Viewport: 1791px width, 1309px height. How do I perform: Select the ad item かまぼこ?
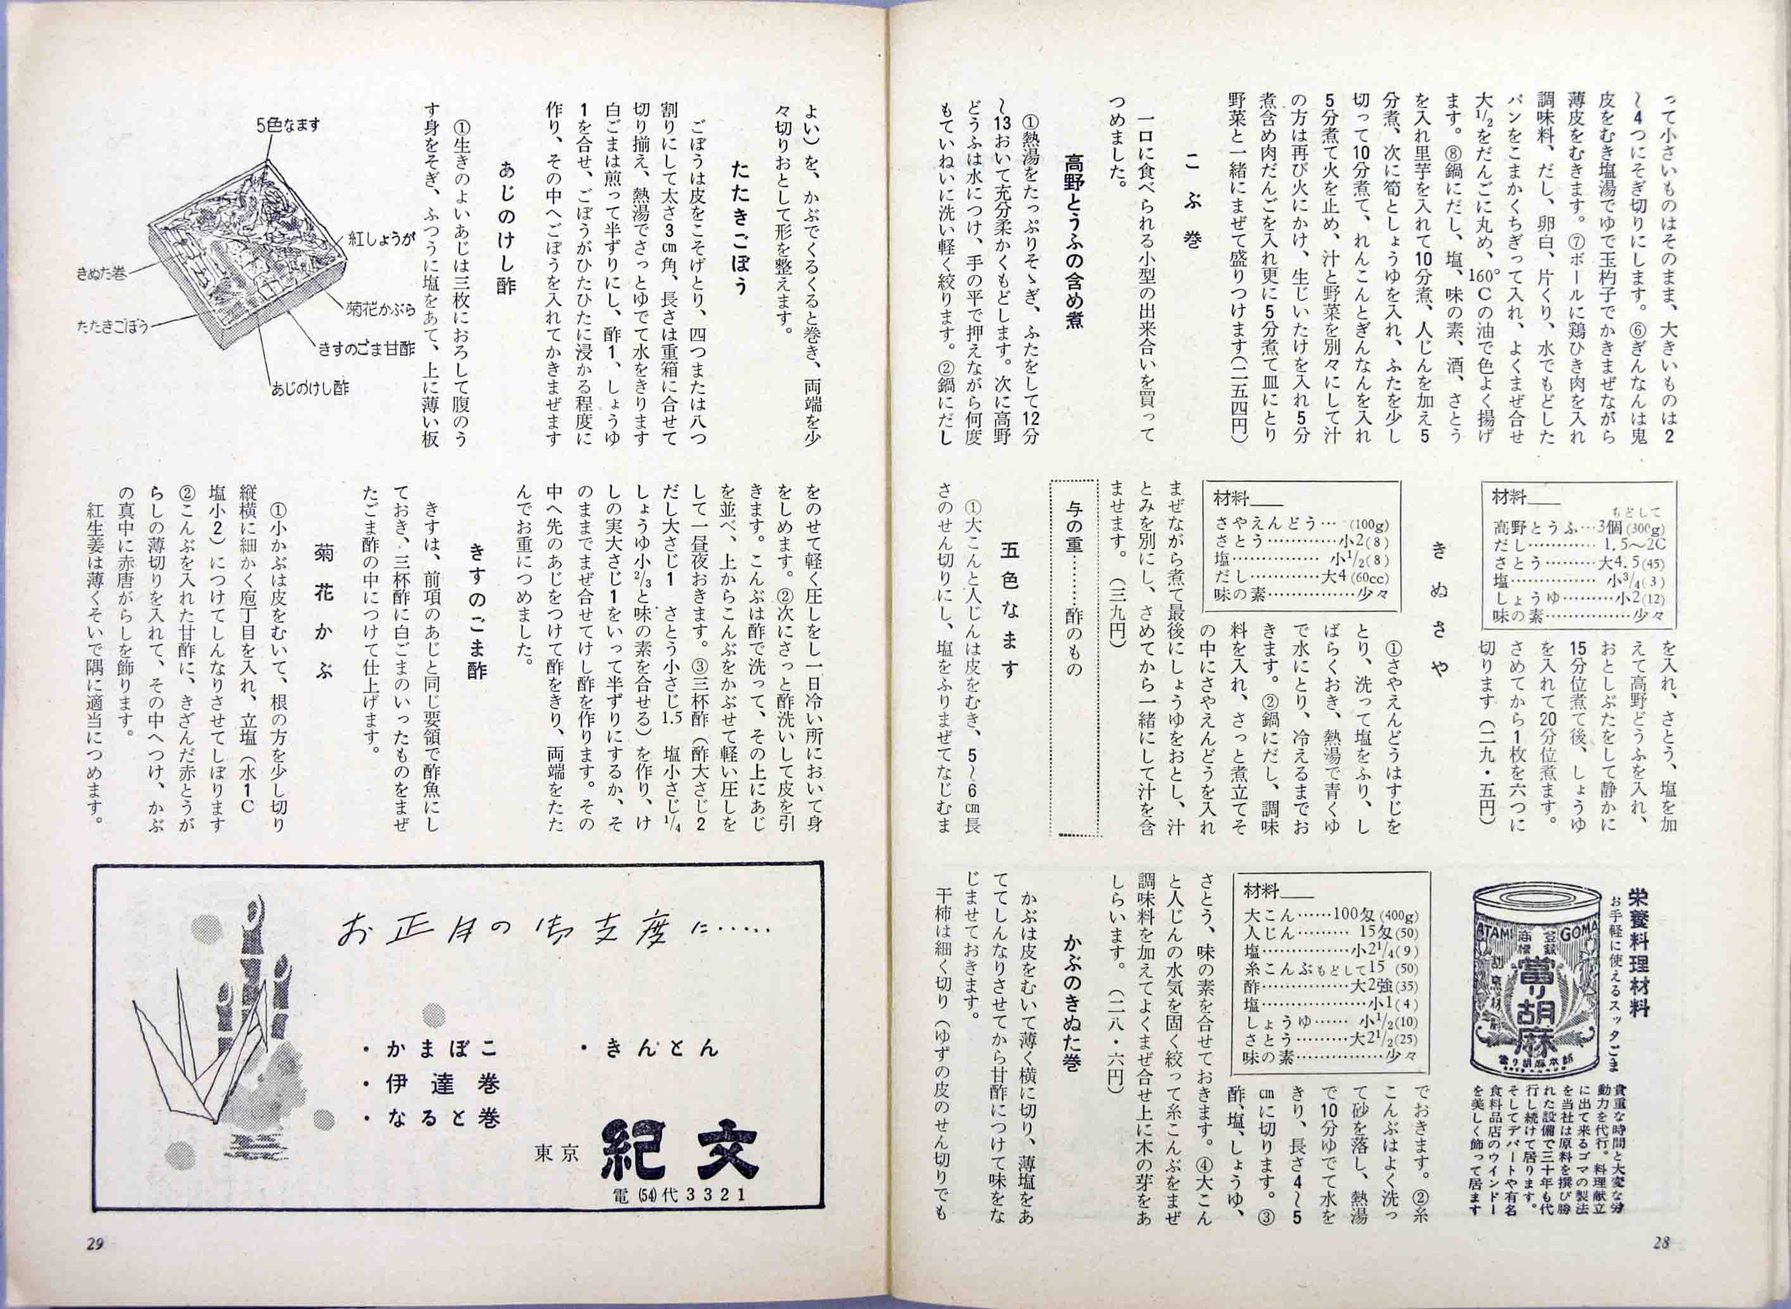432,1049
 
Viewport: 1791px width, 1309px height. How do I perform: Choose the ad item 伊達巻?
432,1085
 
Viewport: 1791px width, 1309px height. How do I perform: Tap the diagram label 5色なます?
287,125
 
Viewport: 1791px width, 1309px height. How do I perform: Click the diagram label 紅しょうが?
380,239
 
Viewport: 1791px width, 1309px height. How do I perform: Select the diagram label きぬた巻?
101,273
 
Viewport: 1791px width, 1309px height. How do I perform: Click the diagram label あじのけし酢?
310,387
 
